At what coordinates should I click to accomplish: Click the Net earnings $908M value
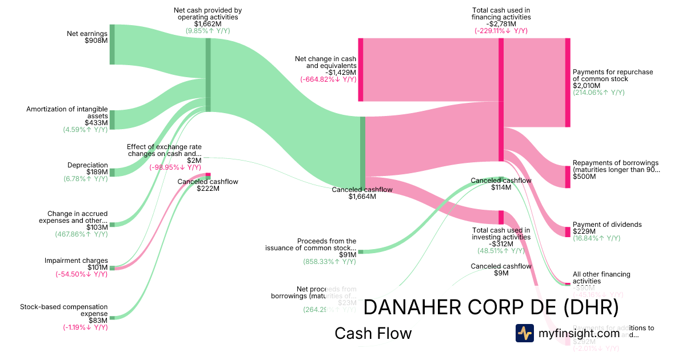coord(96,41)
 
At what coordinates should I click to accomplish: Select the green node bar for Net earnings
coord(112,44)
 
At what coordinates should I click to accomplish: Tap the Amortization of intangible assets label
coord(67,112)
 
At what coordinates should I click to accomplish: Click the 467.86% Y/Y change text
coord(81,234)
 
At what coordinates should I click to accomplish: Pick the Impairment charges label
coord(76,261)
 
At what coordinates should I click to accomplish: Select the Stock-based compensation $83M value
coord(98,320)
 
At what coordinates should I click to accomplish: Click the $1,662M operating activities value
coord(208,24)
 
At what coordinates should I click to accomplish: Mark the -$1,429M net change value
coord(341,73)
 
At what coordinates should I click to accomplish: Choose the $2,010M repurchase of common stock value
coord(587,86)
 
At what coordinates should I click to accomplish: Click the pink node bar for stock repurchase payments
coord(568,82)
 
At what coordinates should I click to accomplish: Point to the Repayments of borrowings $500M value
coord(584,177)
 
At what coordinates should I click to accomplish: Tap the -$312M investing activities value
coord(501,243)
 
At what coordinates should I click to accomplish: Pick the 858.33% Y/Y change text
coord(329,262)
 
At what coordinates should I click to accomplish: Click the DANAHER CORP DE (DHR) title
coord(491,307)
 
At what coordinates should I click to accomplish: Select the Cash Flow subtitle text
coord(373,333)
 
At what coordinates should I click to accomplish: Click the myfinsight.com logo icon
coord(524,333)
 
